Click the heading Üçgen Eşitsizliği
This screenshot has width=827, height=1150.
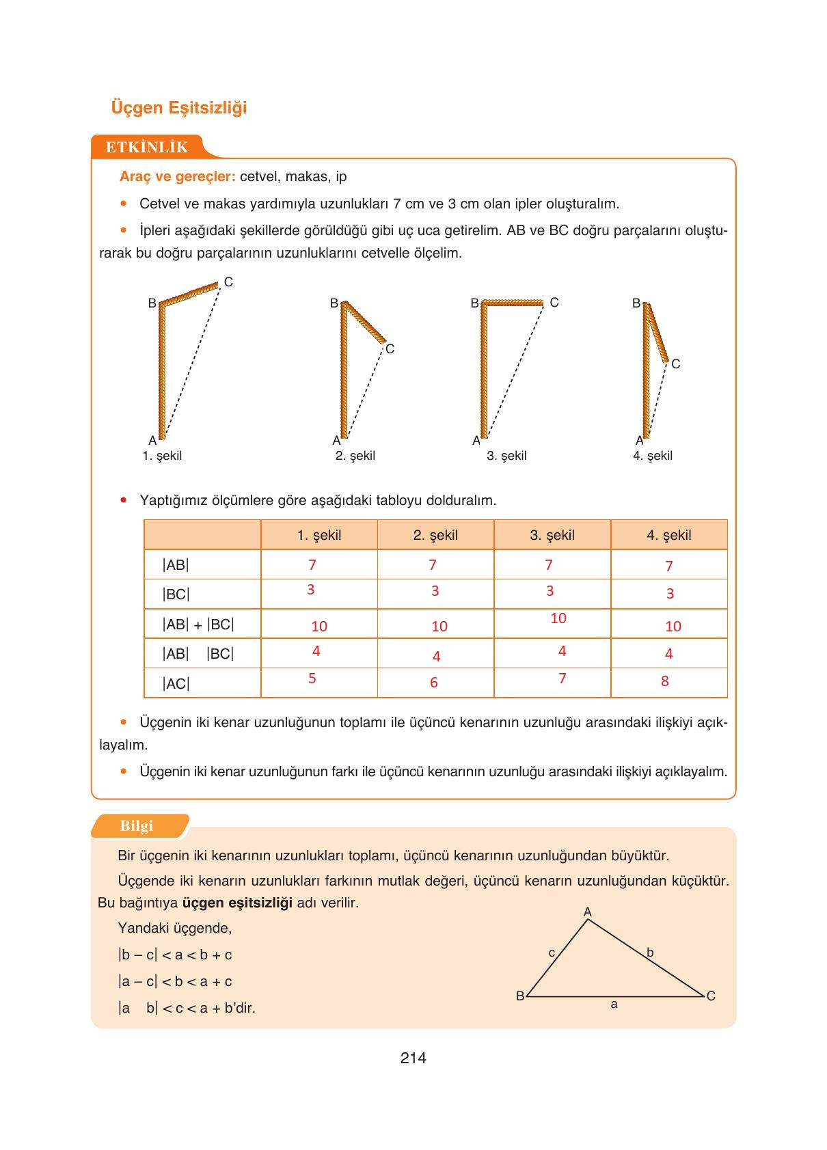pyautogui.click(x=178, y=108)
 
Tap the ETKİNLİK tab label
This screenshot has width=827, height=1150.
pyautogui.click(x=146, y=147)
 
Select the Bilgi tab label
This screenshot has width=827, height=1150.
pyautogui.click(x=137, y=825)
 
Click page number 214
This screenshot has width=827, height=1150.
pyautogui.click(x=413, y=1058)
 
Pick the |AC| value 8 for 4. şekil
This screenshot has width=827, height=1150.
pyautogui.click(x=664, y=681)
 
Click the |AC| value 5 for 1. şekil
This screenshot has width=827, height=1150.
pyautogui.click(x=312, y=679)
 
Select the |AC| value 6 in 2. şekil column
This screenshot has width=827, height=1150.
pyautogui.click(x=433, y=683)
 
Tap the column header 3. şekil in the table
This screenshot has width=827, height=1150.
pyautogui.click(x=552, y=535)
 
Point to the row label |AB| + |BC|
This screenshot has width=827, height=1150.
pyautogui.click(x=198, y=625)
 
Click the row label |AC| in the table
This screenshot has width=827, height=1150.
pyautogui.click(x=176, y=683)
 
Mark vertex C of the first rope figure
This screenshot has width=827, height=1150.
pyautogui.click(x=228, y=282)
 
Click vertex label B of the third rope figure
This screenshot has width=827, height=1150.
pyautogui.click(x=474, y=303)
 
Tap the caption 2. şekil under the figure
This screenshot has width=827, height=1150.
pyautogui.click(x=355, y=456)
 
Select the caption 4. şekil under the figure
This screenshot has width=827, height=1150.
pyautogui.click(x=652, y=456)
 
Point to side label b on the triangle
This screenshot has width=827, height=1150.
pyautogui.click(x=650, y=953)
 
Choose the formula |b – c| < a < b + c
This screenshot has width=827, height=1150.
pyautogui.click(x=175, y=955)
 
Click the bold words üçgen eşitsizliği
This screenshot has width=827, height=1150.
pyautogui.click(x=237, y=903)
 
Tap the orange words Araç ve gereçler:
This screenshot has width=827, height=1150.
pyautogui.click(x=177, y=177)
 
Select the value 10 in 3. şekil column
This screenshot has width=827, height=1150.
pyautogui.click(x=558, y=618)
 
